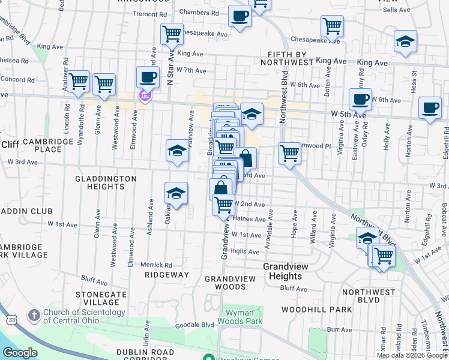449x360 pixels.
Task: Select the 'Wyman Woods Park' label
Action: pyautogui.click(x=244, y=317)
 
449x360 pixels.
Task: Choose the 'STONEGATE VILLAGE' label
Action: pyautogui.click(x=101, y=298)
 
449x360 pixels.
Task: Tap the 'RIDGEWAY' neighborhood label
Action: pyautogui.click(x=167, y=275)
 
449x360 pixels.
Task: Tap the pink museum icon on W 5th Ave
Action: pyautogui.click(x=144, y=95)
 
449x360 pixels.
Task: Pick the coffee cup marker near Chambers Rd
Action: pyautogui.click(x=240, y=16)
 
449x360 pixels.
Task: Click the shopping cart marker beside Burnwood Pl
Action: pyautogui.click(x=290, y=154)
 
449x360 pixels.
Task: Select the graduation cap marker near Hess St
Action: pyautogui.click(x=406, y=42)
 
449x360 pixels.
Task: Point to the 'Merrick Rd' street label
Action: pyautogui.click(x=156, y=264)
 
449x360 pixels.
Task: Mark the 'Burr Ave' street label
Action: pyautogui.click(x=340, y=329)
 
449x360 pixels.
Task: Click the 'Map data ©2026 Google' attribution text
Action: pyautogui.click(x=411, y=355)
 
